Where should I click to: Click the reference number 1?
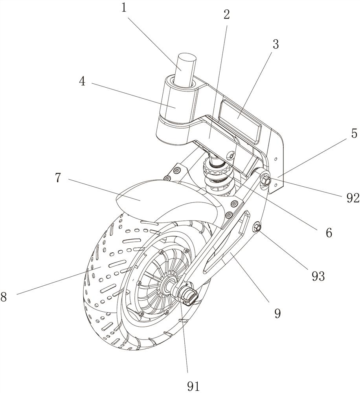(125, 8)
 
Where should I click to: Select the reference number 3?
(275, 44)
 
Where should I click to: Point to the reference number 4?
(82, 81)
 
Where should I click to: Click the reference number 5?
(354, 134)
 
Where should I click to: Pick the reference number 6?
(328, 233)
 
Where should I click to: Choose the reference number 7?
(58, 178)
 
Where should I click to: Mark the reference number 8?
(4, 297)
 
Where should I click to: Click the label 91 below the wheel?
(193, 386)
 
